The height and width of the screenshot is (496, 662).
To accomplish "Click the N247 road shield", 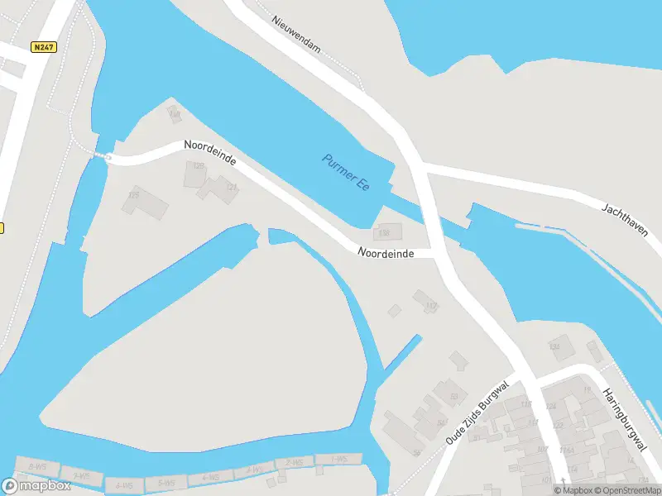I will tap(44, 47).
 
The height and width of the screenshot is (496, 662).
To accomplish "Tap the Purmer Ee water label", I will tap(346, 171).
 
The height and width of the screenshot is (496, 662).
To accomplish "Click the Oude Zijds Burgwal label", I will tap(476, 413).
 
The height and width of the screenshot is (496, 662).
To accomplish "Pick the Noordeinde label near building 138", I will tap(385, 252).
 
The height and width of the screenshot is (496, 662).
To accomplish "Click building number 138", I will tap(384, 234).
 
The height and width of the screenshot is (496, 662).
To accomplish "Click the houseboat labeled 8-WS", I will tap(36, 467).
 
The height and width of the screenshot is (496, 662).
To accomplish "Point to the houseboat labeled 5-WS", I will tap(165, 482).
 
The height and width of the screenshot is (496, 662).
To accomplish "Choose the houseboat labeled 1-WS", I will tap(338, 459).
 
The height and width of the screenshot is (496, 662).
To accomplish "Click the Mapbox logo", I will tap(36, 485).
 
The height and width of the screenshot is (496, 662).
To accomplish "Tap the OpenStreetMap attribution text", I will tap(626, 490).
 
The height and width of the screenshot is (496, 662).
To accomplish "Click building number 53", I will tap(453, 397).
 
